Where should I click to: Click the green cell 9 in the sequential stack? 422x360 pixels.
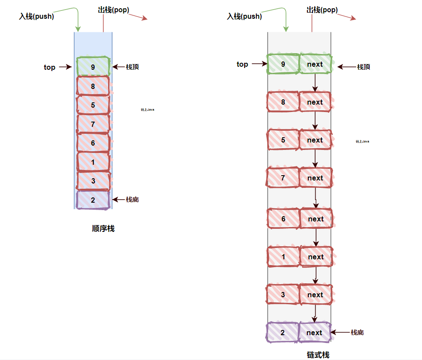point(93,67)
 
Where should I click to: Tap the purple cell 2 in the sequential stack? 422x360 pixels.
point(93,200)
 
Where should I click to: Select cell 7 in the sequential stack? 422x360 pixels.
point(93,124)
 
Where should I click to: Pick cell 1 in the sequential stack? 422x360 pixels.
point(93,162)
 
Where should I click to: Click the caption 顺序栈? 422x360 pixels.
point(103,228)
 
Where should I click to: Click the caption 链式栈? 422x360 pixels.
point(318,355)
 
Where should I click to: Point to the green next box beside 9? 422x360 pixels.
point(315,65)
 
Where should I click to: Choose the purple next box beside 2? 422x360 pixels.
point(314,333)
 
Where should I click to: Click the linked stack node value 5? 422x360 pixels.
point(283,140)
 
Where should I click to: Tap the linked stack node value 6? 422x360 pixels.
point(283,219)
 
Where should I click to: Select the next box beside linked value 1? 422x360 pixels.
point(316,257)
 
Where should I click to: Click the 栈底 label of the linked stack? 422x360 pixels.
point(357,333)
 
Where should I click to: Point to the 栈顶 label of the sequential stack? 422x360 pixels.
point(133,67)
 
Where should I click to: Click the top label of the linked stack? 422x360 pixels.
point(242,65)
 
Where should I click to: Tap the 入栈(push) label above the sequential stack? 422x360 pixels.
point(37,17)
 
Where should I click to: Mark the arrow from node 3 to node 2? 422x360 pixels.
point(315,313)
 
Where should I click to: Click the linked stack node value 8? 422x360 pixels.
point(283,102)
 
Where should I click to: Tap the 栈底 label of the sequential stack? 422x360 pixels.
point(133,200)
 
